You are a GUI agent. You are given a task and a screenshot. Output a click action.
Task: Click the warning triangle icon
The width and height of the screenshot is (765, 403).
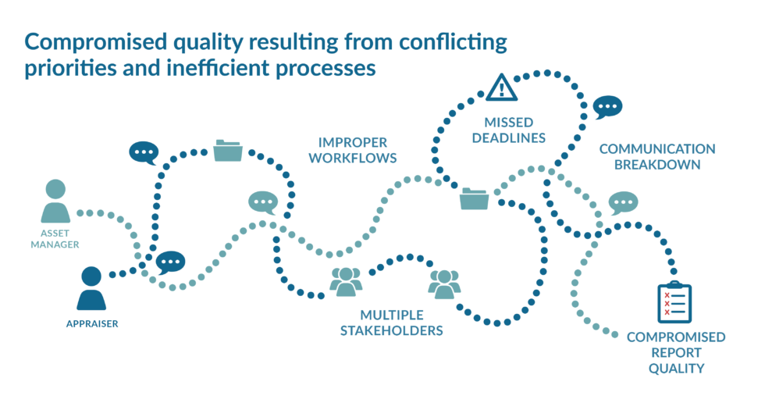501,87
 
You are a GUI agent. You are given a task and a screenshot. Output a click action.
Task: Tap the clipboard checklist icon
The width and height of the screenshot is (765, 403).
674,302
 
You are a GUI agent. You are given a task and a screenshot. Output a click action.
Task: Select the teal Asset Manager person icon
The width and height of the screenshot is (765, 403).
55,201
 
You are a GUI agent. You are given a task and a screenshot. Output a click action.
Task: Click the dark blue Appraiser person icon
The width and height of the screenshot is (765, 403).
91,288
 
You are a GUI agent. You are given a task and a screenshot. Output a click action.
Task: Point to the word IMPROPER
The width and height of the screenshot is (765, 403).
353,142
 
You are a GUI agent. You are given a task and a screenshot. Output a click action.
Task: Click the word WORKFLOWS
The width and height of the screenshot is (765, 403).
353,158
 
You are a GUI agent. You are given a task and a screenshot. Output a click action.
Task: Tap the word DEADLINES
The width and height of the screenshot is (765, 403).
509,138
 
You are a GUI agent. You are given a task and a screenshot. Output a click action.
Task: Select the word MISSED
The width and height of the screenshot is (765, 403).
509,123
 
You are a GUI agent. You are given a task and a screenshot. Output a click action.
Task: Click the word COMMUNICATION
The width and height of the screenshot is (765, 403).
657,149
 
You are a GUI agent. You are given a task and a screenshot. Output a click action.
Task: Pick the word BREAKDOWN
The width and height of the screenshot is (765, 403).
657,165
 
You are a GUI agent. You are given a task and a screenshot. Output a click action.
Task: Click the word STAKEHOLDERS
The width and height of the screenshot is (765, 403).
392,331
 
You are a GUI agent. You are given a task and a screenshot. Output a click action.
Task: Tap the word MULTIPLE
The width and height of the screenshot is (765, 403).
392,316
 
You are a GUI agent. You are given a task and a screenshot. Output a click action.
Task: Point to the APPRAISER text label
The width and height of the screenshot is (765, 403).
92,324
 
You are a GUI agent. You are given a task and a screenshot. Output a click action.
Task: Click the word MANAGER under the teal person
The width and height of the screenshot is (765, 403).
55,244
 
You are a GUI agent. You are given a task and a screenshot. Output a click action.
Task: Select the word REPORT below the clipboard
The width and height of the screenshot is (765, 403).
676,353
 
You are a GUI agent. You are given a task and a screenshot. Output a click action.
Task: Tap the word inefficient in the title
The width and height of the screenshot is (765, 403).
218,68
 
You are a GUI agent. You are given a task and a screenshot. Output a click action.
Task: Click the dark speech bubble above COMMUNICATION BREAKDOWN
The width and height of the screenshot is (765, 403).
607,107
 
